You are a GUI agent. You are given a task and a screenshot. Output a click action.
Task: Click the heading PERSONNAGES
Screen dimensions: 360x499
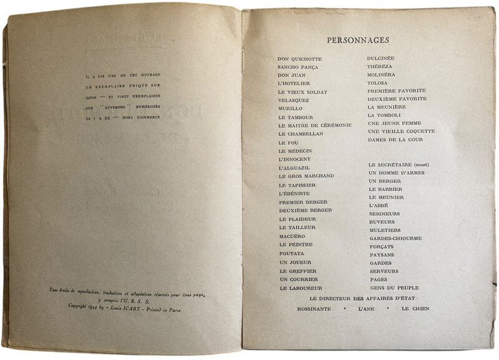[358, 41]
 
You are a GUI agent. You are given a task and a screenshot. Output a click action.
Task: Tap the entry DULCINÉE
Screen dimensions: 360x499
[382, 60]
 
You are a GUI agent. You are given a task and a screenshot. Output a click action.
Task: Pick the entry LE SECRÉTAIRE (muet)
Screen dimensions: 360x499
[400, 165]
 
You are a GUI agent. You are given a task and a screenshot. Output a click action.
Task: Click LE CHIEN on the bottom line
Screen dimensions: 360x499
[414, 309]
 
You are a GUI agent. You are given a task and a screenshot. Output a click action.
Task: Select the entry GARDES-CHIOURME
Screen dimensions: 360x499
[395, 238]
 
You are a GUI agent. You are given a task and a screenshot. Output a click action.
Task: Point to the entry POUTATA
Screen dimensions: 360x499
[292, 255]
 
